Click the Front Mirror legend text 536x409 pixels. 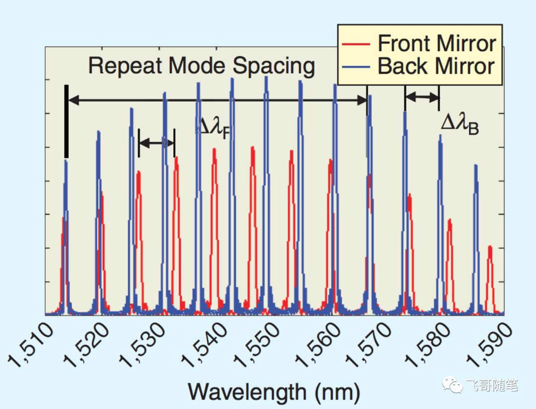coord(437,43)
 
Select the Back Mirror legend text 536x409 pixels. coord(436,66)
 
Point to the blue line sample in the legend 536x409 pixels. coord(356,67)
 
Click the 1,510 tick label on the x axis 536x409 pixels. coord(31,345)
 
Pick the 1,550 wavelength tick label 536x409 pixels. coord(258,345)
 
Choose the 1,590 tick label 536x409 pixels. coord(489,345)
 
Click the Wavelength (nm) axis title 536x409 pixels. coord(274,392)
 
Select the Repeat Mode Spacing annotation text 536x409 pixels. coord(201,66)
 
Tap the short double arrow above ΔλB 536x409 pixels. coord(422,97)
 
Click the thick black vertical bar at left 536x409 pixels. coord(67,121)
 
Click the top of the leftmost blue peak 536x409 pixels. coord(66,161)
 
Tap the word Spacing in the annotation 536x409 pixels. coord(274,66)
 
